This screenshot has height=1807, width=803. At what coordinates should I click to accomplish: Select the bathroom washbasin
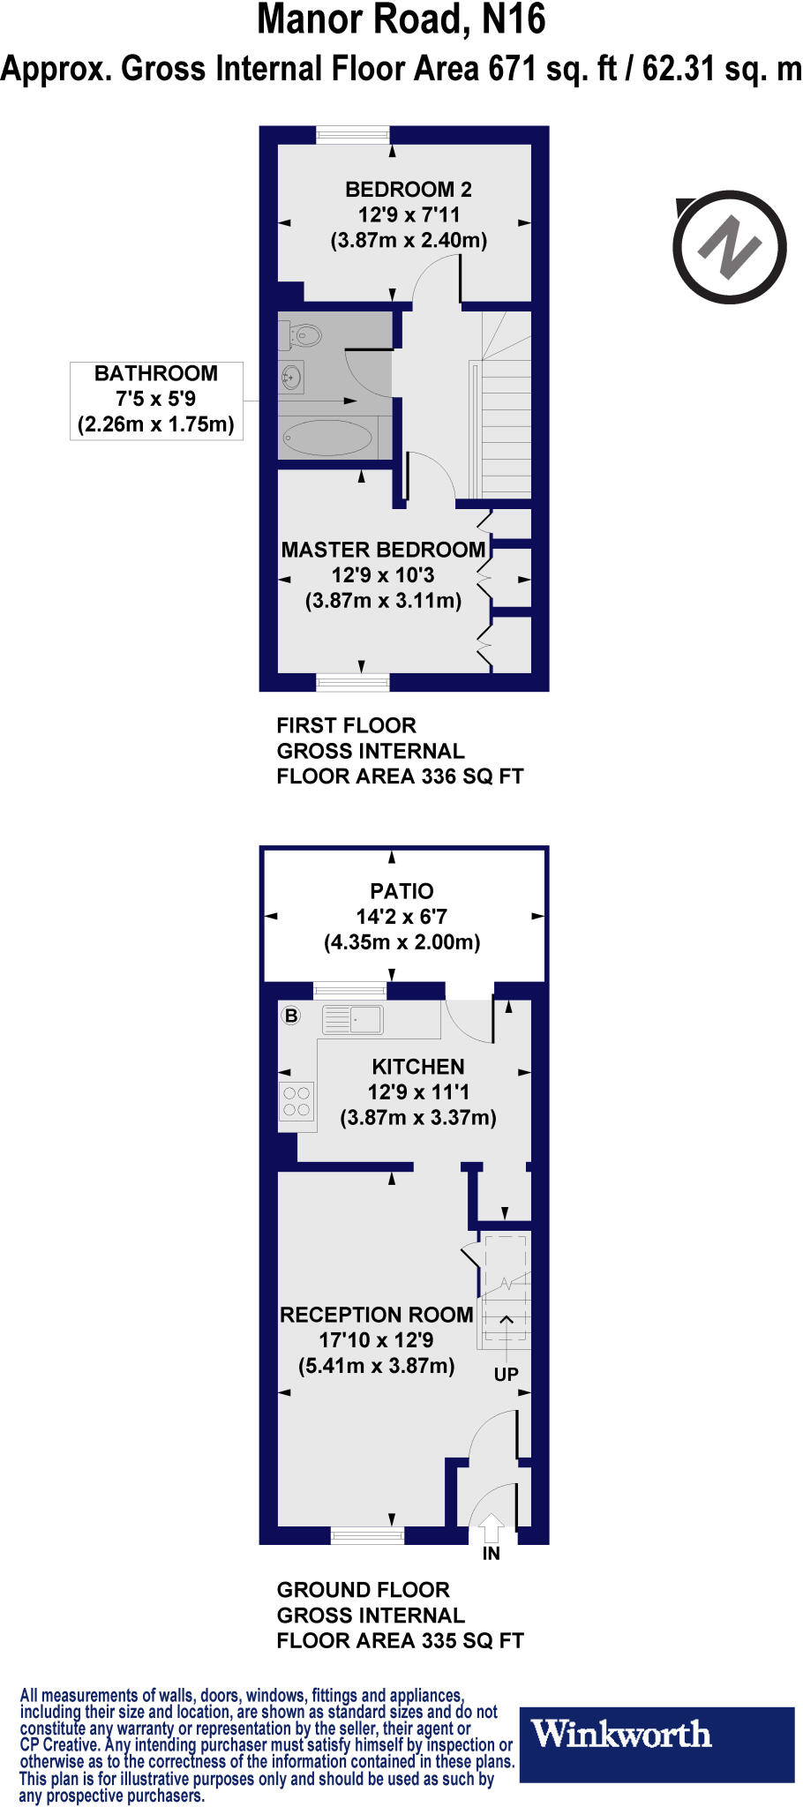click(x=292, y=379)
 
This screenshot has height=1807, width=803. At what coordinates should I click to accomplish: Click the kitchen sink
click(x=353, y=1019)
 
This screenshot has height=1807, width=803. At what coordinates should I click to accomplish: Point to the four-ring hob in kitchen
click(x=296, y=1101)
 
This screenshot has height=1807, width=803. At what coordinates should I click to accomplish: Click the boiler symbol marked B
click(x=291, y=1016)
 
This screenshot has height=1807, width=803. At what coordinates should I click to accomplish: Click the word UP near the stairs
click(x=506, y=1374)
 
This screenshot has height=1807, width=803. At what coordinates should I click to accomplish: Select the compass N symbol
click(x=729, y=247)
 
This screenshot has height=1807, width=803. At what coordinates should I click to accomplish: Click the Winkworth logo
click(x=622, y=1734)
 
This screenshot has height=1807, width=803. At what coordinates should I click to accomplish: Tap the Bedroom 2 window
click(x=353, y=135)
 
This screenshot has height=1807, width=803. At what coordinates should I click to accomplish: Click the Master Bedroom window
click(x=353, y=682)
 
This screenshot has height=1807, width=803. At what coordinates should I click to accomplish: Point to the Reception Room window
click(x=367, y=1536)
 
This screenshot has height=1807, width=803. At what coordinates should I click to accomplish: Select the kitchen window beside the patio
click(x=350, y=990)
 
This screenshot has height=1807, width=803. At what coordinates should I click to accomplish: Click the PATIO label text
click(x=401, y=891)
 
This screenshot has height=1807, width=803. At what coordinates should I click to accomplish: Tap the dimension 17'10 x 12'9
click(x=376, y=1340)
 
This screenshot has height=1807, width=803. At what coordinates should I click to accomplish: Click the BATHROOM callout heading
click(x=156, y=373)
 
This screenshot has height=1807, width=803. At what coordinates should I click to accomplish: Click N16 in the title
click(x=513, y=20)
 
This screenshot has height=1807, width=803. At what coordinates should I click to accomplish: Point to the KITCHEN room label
click(x=417, y=1066)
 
